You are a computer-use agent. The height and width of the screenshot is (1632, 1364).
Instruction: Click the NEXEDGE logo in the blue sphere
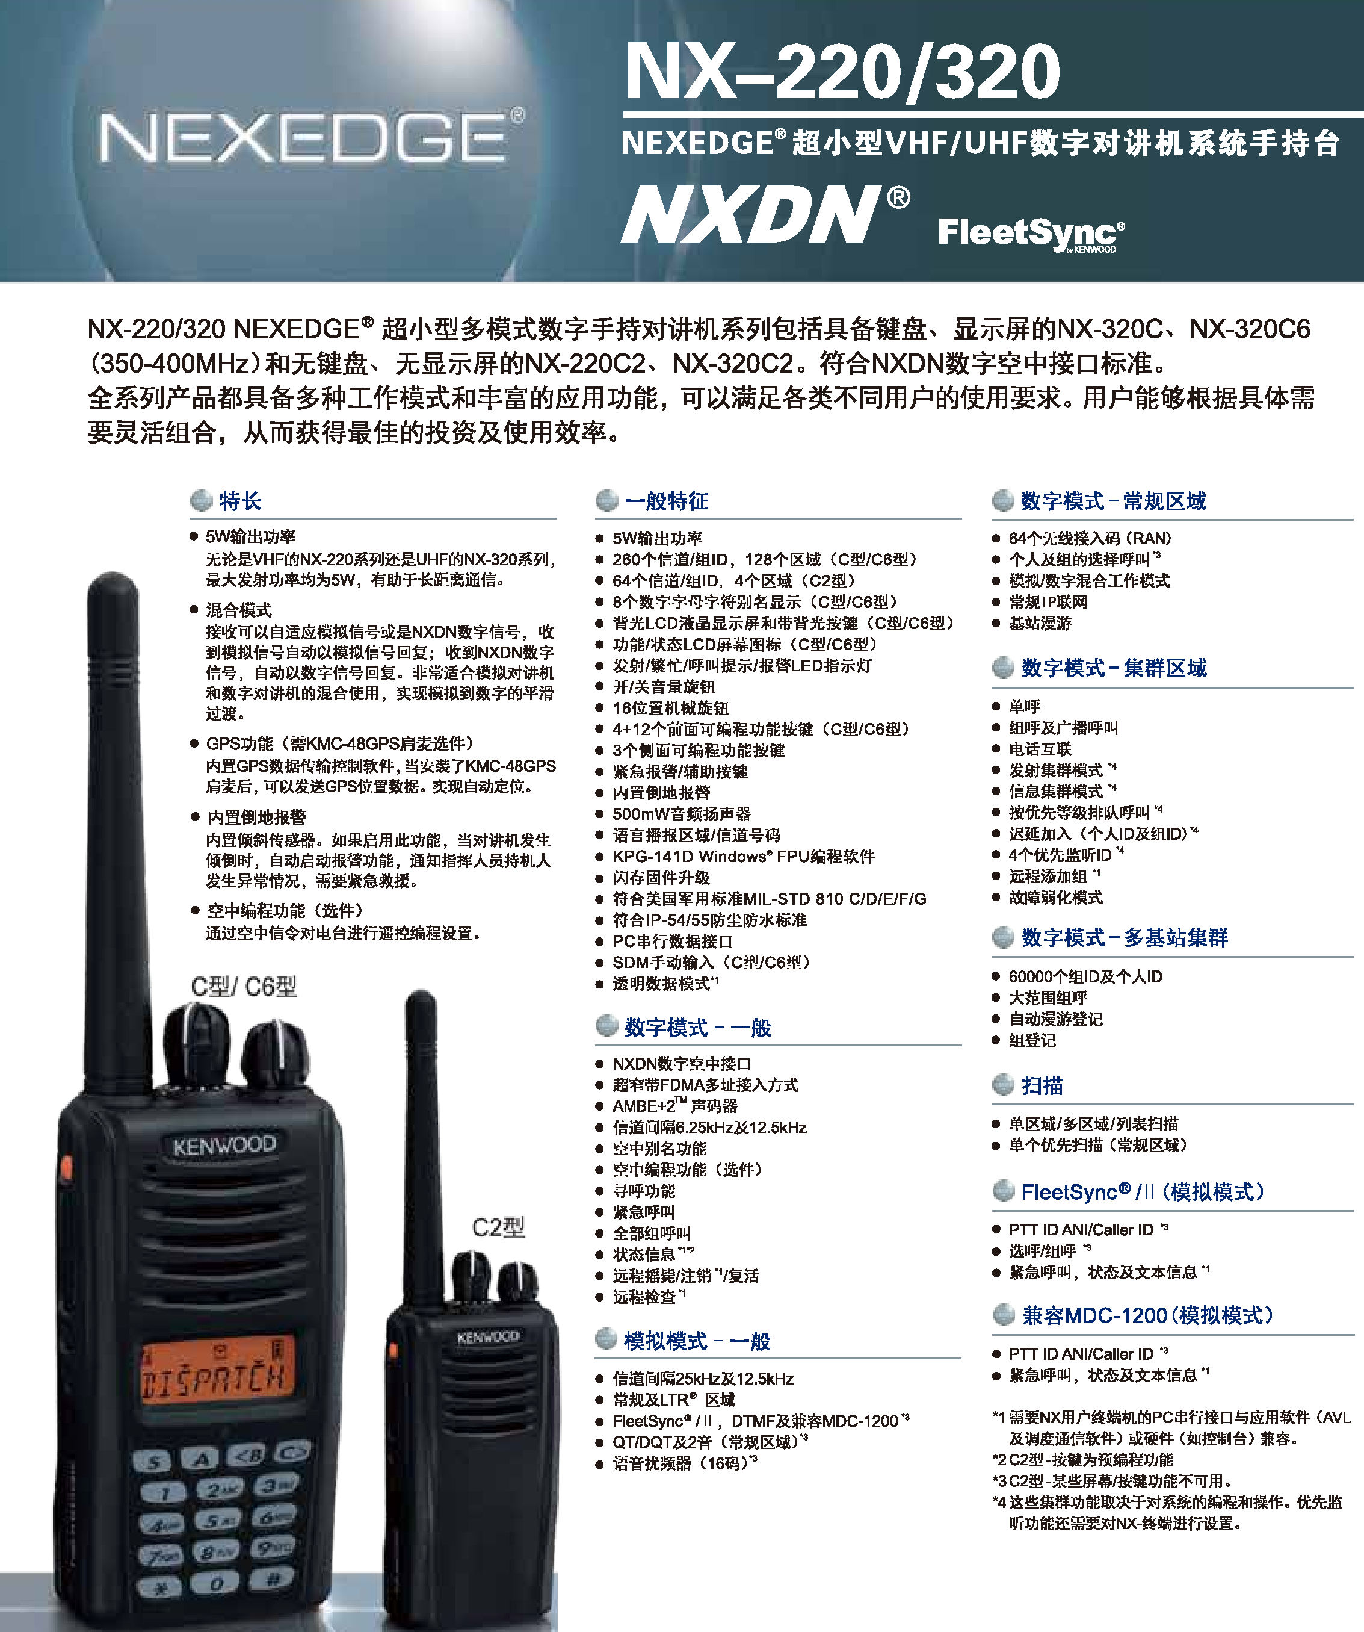coord(310,137)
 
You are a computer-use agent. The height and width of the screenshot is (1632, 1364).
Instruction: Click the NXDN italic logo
coord(765,214)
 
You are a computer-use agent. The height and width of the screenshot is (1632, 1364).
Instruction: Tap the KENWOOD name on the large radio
coord(224,1146)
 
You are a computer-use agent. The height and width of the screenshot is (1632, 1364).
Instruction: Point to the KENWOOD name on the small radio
coord(488,1336)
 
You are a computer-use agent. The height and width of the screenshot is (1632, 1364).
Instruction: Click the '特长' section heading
coord(240,501)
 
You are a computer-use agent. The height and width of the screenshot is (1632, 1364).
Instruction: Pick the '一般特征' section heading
coord(667,501)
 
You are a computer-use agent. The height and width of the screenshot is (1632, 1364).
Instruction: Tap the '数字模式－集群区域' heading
coord(1114,668)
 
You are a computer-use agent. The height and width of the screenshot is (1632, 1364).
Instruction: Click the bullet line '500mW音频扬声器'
coord(681,814)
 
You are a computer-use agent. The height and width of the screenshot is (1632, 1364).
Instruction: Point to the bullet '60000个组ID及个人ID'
coord(1085,976)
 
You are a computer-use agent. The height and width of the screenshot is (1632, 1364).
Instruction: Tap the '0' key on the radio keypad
coord(217,1583)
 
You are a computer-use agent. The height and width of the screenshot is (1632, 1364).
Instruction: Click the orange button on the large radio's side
coord(67,1167)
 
